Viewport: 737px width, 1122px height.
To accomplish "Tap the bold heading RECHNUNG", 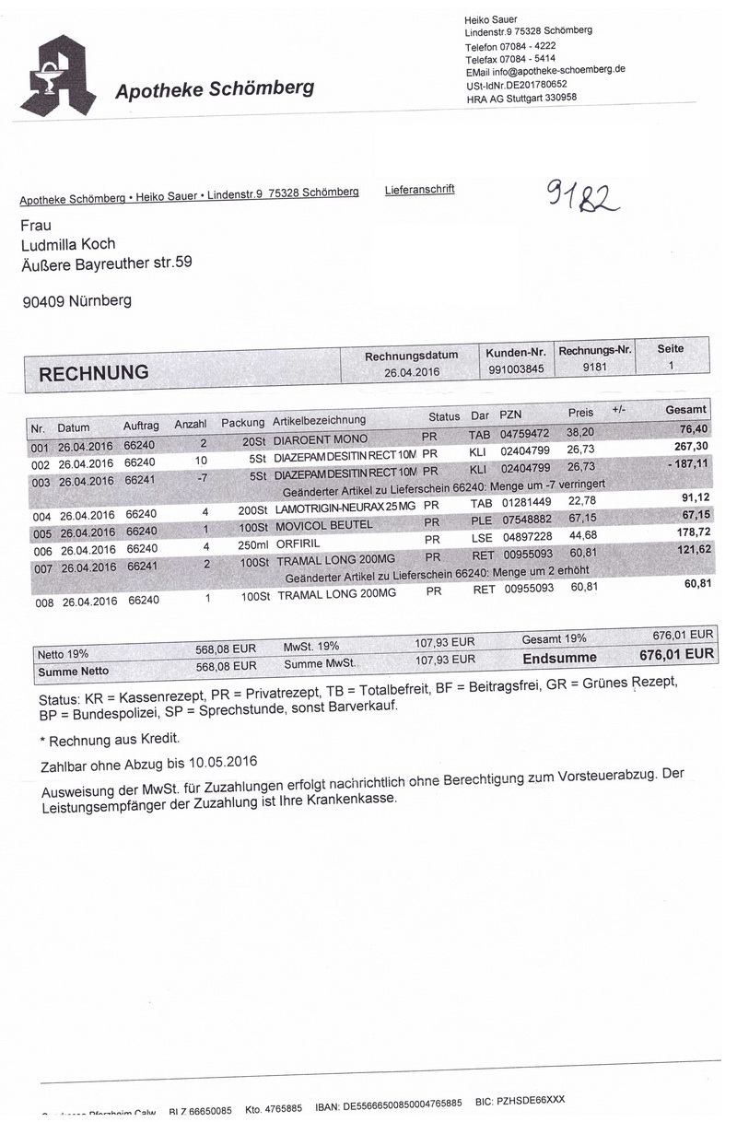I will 93,373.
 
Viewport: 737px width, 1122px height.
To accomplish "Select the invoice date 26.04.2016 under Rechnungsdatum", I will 412,372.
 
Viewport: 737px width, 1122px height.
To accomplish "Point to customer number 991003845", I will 516,368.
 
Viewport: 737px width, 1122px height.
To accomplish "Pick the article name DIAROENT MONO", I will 321,438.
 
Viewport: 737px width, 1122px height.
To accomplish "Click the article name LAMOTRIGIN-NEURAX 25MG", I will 345,508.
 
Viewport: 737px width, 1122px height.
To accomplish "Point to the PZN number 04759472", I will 524,433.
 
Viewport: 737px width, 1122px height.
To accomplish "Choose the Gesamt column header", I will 685,409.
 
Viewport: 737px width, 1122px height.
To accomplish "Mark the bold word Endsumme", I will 559,658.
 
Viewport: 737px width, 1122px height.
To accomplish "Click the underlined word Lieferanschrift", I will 419,190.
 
